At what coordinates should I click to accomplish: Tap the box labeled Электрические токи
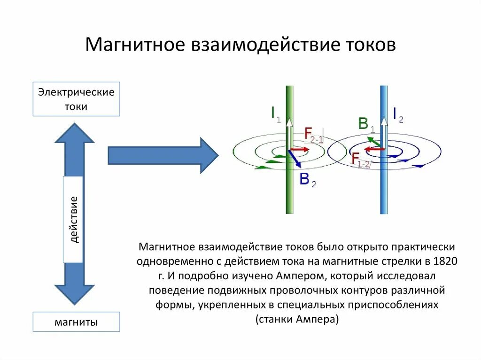coord(76,99)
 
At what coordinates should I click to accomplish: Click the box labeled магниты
coord(76,322)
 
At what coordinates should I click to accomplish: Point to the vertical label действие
coord(73,220)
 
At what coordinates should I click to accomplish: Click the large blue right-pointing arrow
coord(163,155)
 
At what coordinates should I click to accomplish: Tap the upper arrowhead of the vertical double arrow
coord(74,133)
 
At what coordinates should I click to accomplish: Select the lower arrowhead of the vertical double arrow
coord(74,294)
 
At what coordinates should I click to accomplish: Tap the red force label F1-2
coord(361,160)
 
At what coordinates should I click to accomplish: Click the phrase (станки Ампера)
coord(297,319)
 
